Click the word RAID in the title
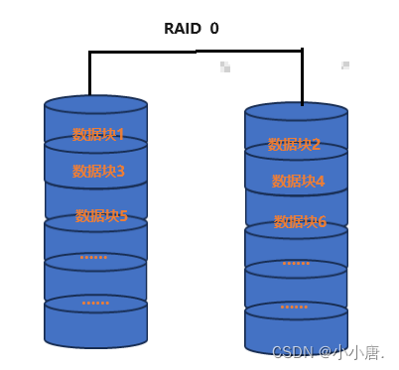click(x=182, y=29)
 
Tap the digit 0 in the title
click(x=214, y=29)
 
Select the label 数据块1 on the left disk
click(x=98, y=135)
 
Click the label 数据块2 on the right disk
click(x=295, y=145)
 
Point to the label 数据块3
click(x=98, y=172)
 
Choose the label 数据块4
click(x=299, y=182)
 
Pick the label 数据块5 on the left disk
click(x=101, y=215)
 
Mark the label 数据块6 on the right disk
click(x=300, y=222)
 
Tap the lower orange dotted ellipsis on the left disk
click(x=95, y=303)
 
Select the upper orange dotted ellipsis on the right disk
click(x=296, y=264)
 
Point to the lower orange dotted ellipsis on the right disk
click(x=294, y=308)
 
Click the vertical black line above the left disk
click(x=90, y=74)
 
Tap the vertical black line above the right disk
click(x=302, y=77)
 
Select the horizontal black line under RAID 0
click(x=196, y=52)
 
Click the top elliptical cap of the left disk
click(x=95, y=104)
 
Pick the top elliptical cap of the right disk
click(x=296, y=111)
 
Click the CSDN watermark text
click(x=328, y=352)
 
